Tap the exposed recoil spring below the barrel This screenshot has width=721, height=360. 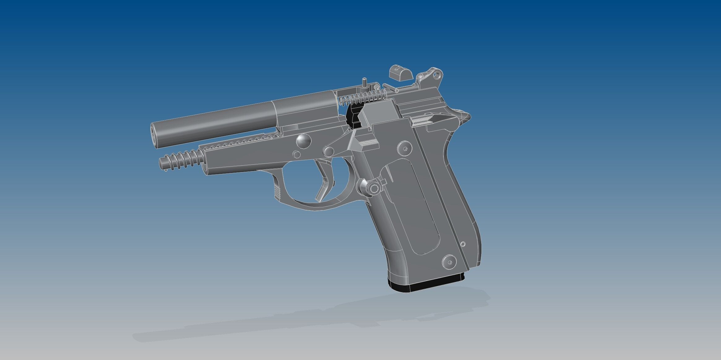click(x=181, y=158)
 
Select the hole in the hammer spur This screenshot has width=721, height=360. click(x=437, y=75)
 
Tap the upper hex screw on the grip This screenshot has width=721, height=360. click(x=405, y=148)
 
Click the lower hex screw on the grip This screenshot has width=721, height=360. click(x=450, y=262)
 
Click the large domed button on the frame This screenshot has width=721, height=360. click(x=304, y=140)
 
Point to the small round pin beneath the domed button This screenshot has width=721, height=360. click(x=296, y=154)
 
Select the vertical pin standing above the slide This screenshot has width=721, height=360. click(x=365, y=83)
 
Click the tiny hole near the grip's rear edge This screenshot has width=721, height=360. click(x=463, y=244)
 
